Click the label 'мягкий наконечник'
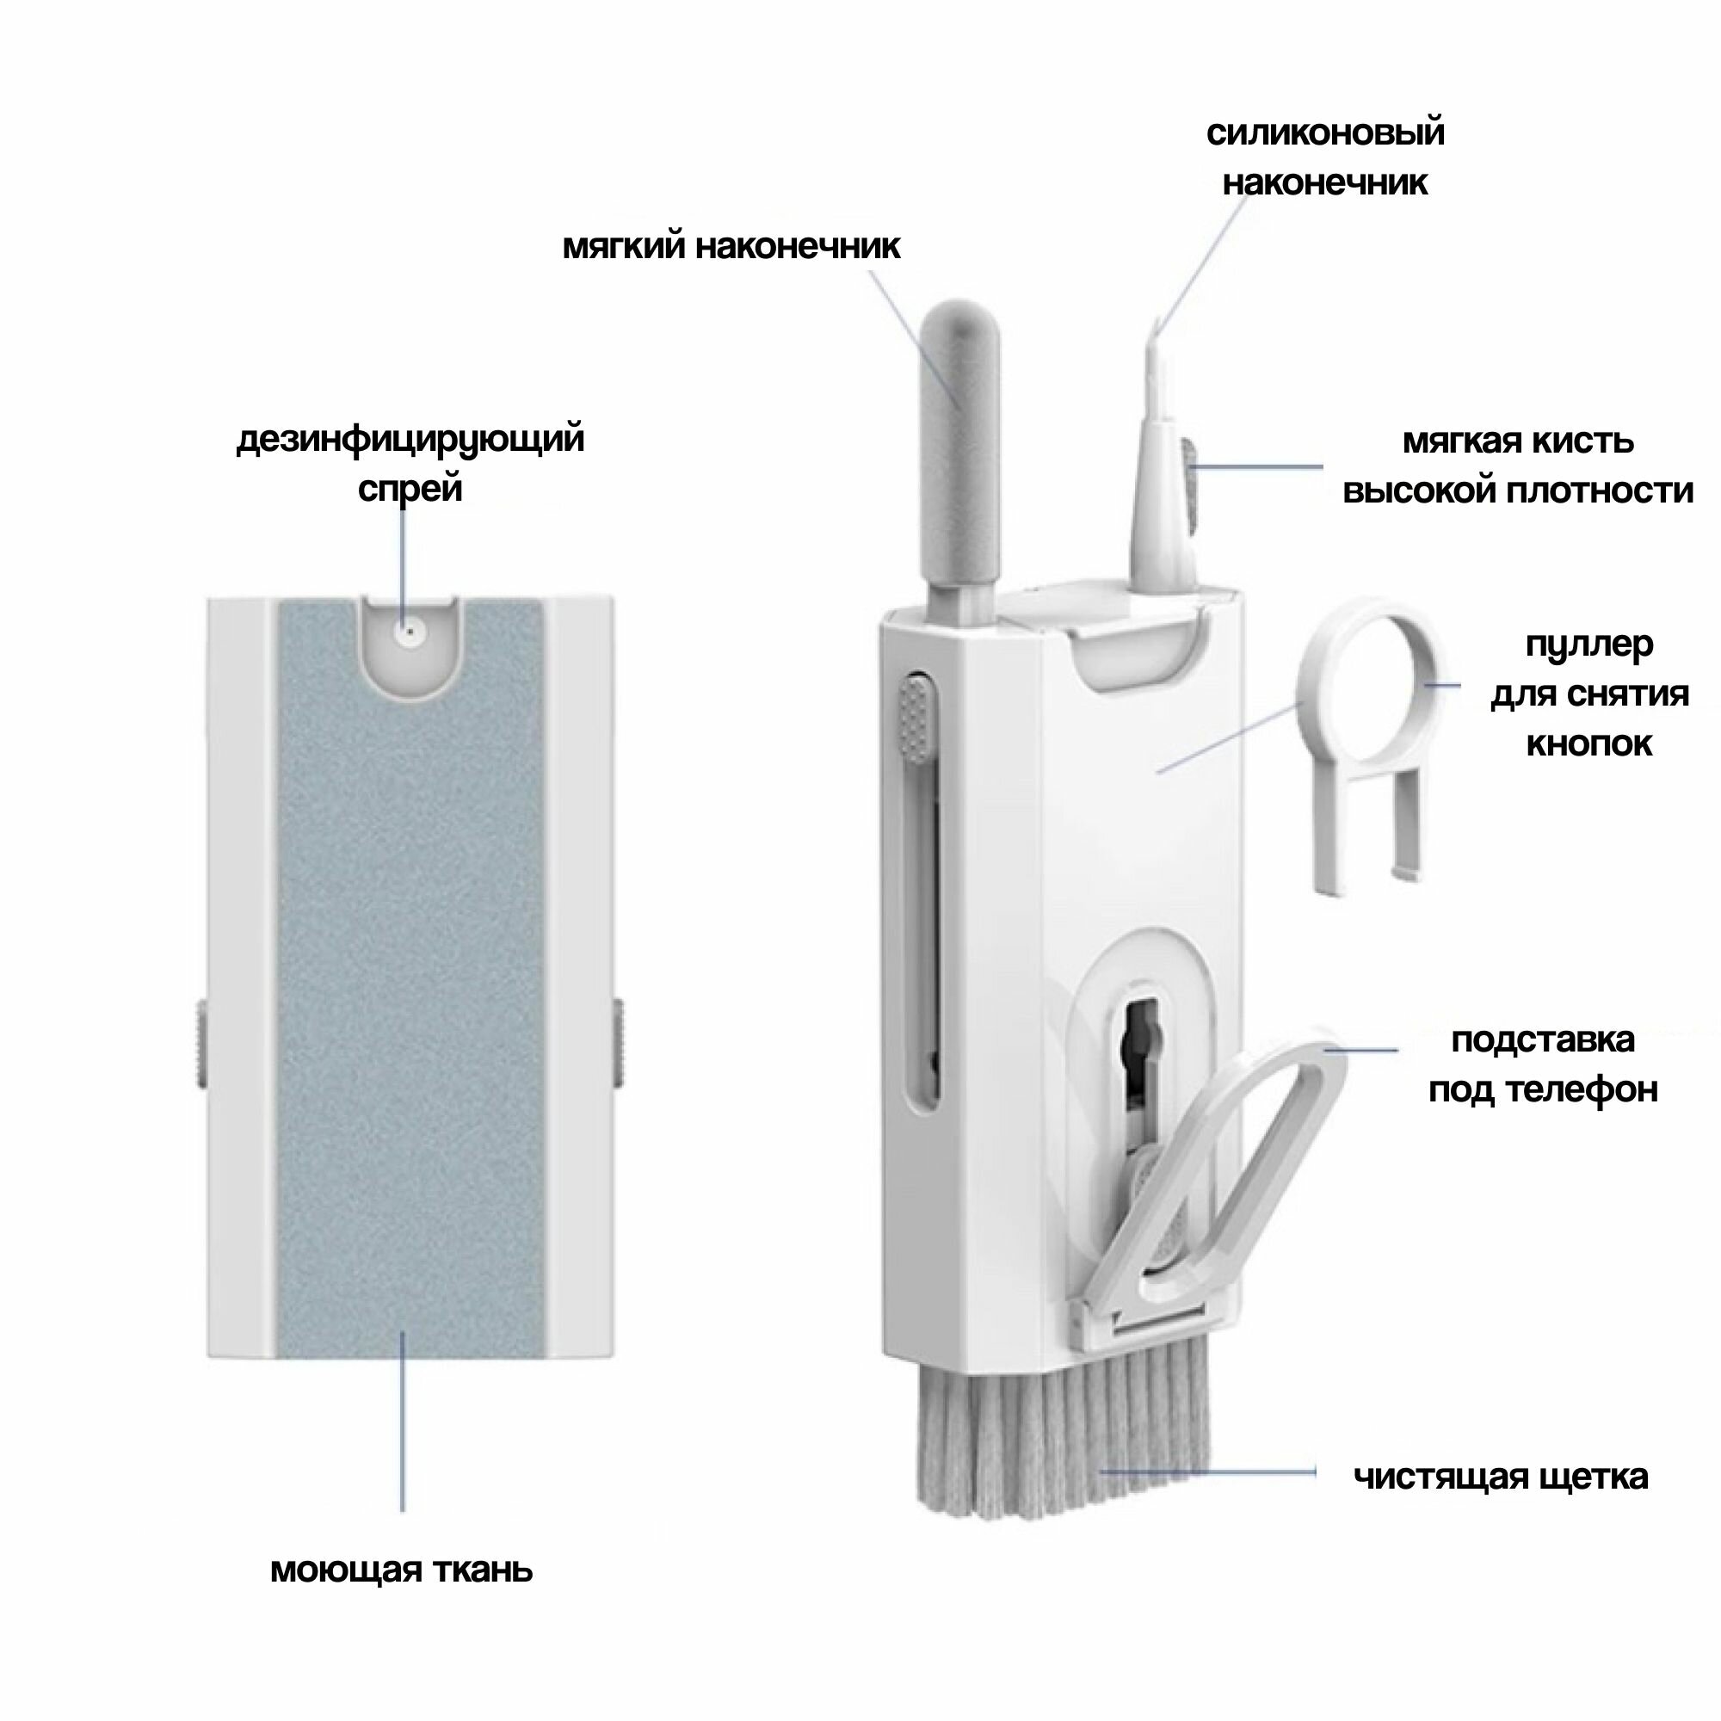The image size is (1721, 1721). pyautogui.click(x=731, y=247)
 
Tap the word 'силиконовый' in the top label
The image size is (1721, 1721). pyautogui.click(x=1325, y=133)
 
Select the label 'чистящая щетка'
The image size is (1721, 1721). pyautogui.click(x=1501, y=1477)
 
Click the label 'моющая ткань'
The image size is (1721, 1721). pyautogui.click(x=401, y=1570)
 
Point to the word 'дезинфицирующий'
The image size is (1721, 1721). pyautogui.click(x=410, y=440)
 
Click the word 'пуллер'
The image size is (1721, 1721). pyautogui.click(x=1589, y=645)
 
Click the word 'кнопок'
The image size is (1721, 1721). pyautogui.click(x=1589, y=743)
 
